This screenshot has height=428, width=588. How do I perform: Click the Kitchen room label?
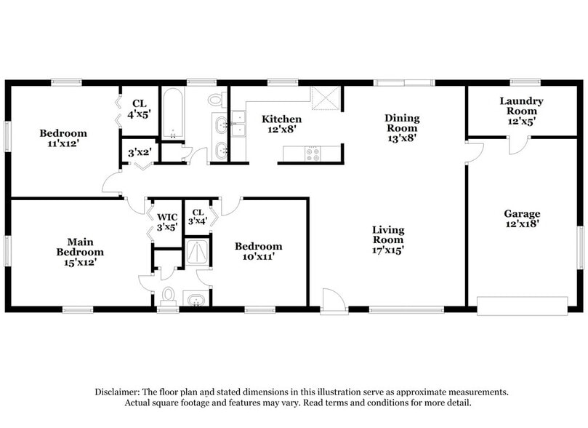(x=282, y=119)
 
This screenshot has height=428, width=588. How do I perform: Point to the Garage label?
(x=522, y=213)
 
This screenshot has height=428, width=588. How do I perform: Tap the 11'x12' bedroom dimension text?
(x=63, y=143)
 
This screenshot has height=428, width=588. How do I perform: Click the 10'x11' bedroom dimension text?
(x=258, y=256)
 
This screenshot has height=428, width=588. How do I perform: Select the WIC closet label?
(x=167, y=217)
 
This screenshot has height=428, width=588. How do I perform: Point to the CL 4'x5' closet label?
(x=139, y=108)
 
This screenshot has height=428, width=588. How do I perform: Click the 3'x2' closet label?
(x=139, y=154)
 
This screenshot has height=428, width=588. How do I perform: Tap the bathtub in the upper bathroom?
(x=173, y=114)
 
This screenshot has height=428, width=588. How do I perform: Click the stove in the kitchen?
(x=312, y=154)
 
